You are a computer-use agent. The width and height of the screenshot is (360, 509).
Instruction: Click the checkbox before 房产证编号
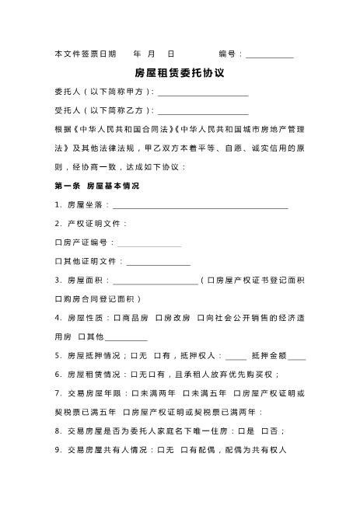click(58, 242)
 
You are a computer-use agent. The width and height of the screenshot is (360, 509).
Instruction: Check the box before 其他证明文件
click(58, 261)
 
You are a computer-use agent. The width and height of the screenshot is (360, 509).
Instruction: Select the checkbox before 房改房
click(159, 318)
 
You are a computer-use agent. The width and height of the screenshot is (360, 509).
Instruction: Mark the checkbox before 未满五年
click(187, 393)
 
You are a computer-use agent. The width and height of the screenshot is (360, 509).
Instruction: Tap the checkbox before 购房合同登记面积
click(58, 299)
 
